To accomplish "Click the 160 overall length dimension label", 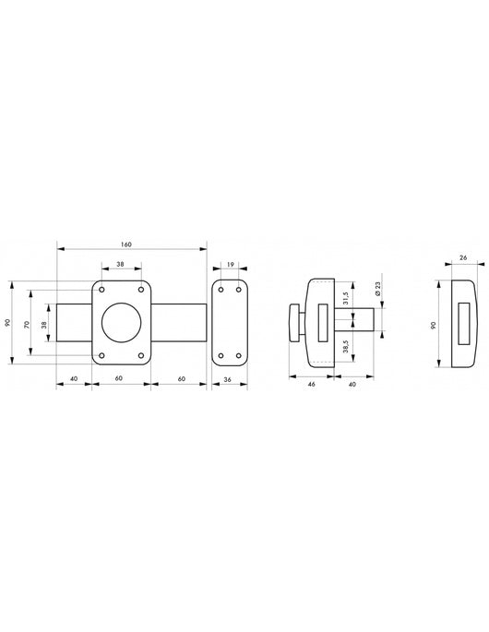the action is (126, 244).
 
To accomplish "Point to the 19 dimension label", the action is (230, 265).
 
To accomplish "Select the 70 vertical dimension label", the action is (28, 324).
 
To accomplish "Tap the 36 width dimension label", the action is (227, 379).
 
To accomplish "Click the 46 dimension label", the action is (311, 384).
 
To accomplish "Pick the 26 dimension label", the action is (463, 257).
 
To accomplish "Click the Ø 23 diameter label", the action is (378, 289).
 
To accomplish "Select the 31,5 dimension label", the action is (346, 298).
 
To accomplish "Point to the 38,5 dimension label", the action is (346, 347).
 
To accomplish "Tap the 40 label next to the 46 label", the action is (352, 384).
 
